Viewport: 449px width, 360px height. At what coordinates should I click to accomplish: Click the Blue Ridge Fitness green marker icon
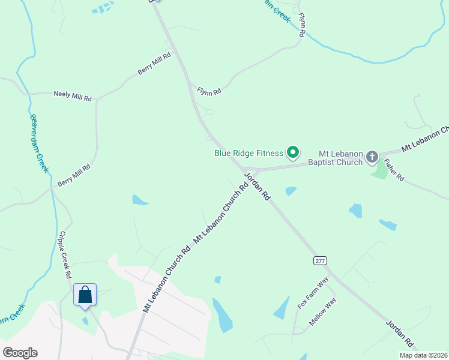tap(293, 153)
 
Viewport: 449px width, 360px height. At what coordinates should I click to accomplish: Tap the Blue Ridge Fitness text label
tap(249, 153)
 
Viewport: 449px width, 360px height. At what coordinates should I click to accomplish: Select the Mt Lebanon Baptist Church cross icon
tap(372, 158)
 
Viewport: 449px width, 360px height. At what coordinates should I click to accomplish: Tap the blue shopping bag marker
tap(85, 295)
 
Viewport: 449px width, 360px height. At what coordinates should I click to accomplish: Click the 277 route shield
tap(319, 260)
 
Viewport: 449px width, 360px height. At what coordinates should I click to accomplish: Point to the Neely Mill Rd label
tap(73, 95)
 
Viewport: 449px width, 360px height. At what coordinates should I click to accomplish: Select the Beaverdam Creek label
tap(38, 143)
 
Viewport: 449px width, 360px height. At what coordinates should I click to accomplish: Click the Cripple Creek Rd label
tap(65, 256)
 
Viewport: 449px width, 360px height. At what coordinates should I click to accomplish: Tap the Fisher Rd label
tap(394, 170)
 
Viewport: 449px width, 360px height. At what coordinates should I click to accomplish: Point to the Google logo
tap(20, 353)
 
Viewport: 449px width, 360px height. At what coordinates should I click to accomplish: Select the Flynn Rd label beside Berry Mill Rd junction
tap(209, 91)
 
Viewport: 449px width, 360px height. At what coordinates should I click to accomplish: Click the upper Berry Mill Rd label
tap(154, 64)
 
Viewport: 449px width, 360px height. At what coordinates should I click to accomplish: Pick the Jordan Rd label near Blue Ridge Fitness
tap(258, 187)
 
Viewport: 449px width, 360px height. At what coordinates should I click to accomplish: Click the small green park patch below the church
tap(379, 170)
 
